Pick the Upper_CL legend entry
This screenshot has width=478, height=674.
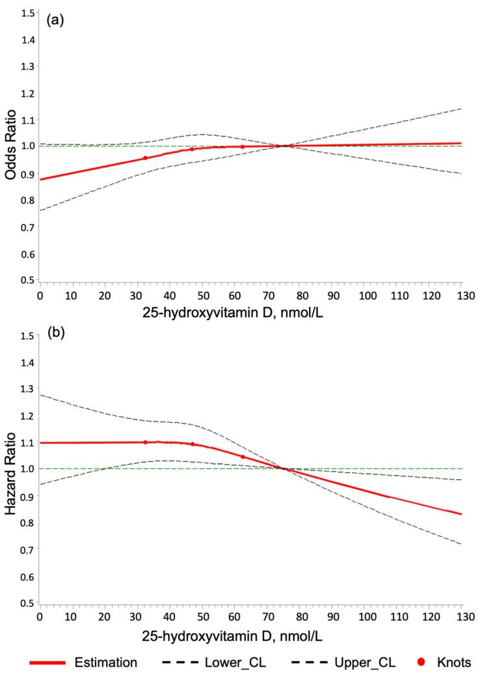pyautogui.click(x=373, y=662)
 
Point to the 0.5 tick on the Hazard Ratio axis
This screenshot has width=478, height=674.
pyautogui.click(x=28, y=602)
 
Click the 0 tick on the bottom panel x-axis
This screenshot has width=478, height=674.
pyautogui.click(x=40, y=613)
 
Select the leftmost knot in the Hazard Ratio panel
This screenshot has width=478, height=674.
pyautogui.click(x=146, y=442)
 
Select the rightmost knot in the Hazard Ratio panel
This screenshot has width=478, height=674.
pyautogui.click(x=243, y=457)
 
